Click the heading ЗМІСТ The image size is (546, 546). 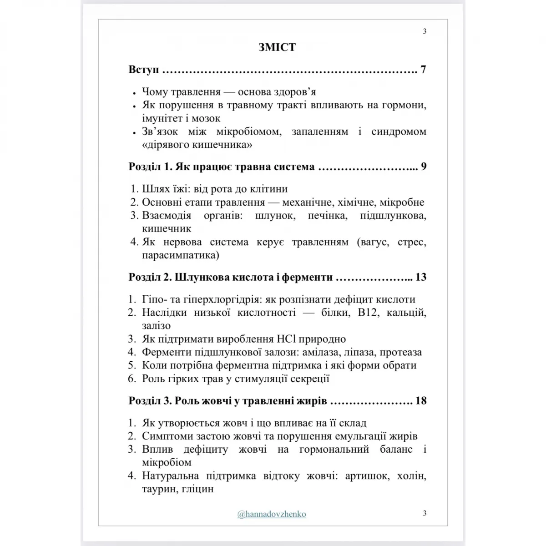[277, 47]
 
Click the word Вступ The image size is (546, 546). [144, 70]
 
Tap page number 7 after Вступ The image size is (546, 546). [423, 70]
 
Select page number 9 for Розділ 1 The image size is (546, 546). [424, 167]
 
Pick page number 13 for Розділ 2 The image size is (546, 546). [421, 277]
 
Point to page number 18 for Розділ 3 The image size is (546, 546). [421, 401]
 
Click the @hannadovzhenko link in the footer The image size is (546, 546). [272, 514]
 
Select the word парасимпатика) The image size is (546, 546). [180, 255]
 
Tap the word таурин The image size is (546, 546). [159, 490]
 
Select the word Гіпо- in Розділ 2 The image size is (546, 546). [154, 299]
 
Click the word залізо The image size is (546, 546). [156, 326]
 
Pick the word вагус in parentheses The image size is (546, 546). [373, 242]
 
